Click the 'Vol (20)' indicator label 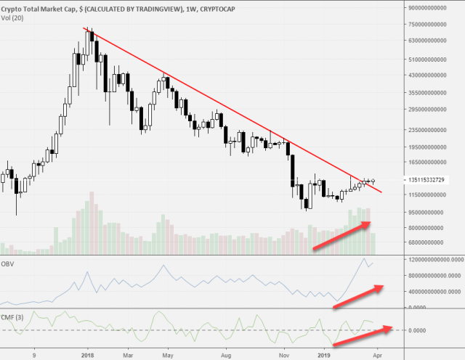click(x=12, y=15)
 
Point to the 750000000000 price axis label click(x=425, y=24)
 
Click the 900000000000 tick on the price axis click(x=425, y=7)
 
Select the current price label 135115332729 click(x=426, y=179)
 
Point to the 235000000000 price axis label click(x=425, y=130)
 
